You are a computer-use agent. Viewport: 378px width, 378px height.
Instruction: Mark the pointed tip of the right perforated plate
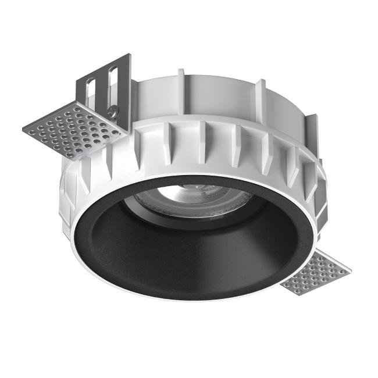click(351, 271)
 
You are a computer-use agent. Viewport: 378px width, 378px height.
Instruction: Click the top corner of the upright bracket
click(129, 55)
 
